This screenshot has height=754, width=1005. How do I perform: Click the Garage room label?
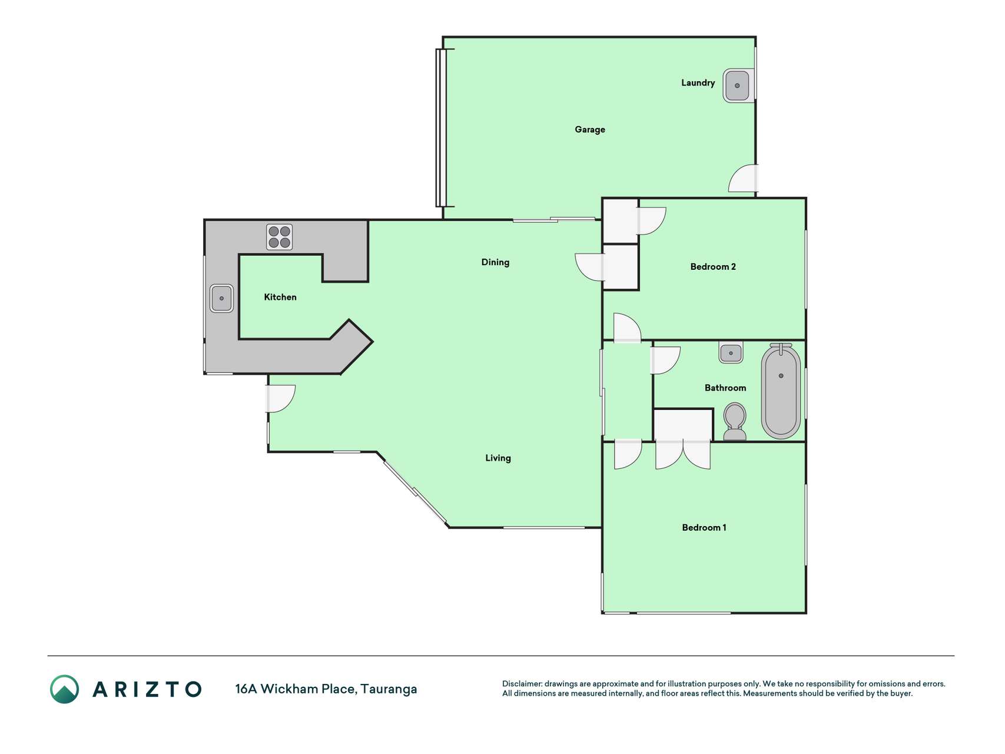[589, 130]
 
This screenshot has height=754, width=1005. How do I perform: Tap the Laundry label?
[698, 83]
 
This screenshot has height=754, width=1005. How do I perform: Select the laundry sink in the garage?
[738, 86]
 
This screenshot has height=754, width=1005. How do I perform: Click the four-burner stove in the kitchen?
[279, 237]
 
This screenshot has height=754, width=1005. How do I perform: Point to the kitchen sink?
[221, 298]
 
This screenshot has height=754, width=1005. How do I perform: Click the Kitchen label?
[280, 297]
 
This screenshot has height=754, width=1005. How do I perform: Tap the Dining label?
[495, 262]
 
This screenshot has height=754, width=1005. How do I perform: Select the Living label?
[498, 458]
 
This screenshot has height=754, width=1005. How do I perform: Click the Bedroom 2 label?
[713, 267]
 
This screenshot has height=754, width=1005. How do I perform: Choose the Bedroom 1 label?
[704, 527]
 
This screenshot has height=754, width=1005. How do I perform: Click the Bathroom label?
[725, 388]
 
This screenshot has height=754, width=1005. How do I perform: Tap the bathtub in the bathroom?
[781, 391]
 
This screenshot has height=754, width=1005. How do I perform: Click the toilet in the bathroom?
[734, 421]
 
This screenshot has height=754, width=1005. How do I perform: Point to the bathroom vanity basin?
[731, 353]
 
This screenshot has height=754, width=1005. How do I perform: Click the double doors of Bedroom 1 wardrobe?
[683, 454]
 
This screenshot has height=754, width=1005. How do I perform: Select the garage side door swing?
[743, 178]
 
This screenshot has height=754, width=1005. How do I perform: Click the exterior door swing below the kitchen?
[281, 399]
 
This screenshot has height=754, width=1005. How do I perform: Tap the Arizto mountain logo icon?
[64, 689]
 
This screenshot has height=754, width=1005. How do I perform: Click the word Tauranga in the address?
[389, 689]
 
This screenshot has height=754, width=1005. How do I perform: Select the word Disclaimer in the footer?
[522, 684]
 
